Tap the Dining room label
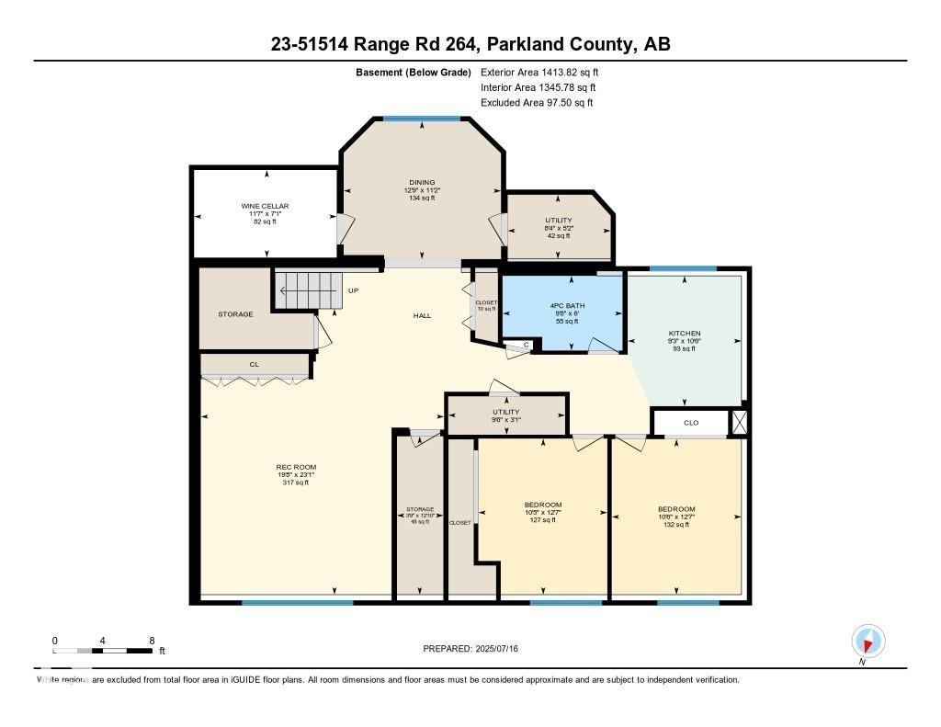pyautogui.click(x=422, y=182)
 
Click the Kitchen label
pyautogui.click(x=685, y=333)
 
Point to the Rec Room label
pyautogui.click(x=296, y=467)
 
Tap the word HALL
pyautogui.click(x=422, y=316)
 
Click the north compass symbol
pyautogui.click(x=867, y=641)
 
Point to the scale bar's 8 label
pyautogui.click(x=152, y=641)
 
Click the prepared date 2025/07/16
pyautogui.click(x=470, y=649)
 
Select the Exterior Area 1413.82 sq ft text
pyautogui.click(x=539, y=72)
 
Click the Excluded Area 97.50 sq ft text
pyautogui.click(x=537, y=103)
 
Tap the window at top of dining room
pyautogui.click(x=422, y=119)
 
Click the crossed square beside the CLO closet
pyautogui.click(x=740, y=423)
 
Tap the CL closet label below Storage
pyautogui.click(x=255, y=365)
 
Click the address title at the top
pyautogui.click(x=470, y=44)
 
